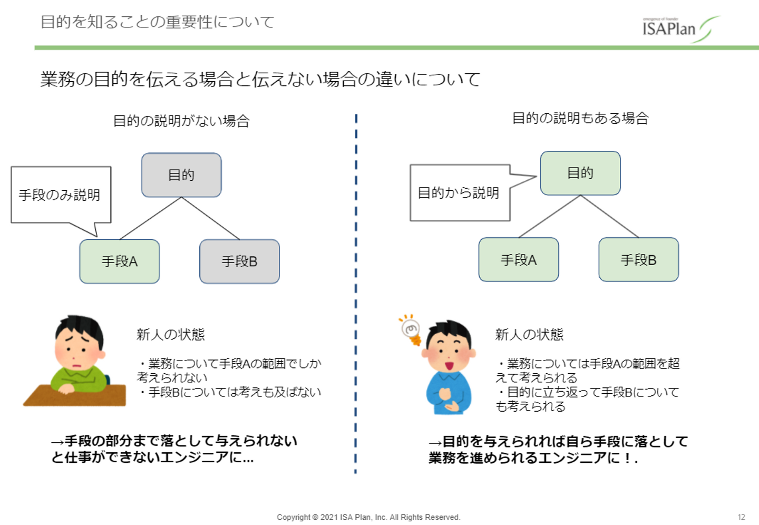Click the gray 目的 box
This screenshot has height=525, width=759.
point(181,175)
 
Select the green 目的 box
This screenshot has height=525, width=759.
point(580,173)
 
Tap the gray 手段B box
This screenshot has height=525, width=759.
point(239,261)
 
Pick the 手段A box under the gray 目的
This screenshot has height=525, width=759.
point(120,261)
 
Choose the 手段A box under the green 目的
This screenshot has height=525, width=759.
point(519,260)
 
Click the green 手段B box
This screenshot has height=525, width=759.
point(638,260)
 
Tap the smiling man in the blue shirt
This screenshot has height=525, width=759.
point(449,369)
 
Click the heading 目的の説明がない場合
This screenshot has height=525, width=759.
point(181,121)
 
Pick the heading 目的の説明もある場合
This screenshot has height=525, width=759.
point(580,119)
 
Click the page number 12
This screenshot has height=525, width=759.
point(741,517)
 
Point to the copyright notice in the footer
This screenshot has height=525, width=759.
point(368,517)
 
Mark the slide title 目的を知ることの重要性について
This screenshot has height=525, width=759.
point(157,22)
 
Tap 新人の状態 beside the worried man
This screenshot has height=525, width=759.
point(170,334)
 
